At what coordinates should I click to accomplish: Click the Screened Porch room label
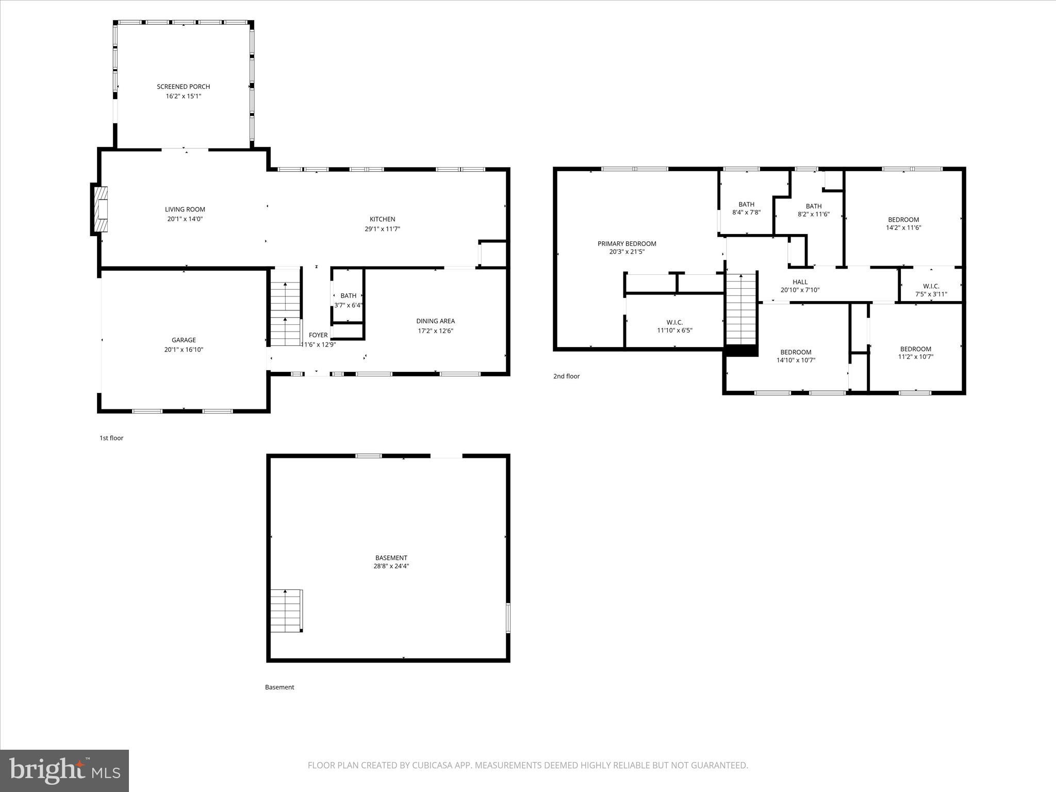tap(183, 87)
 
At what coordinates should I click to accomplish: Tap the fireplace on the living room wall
tap(101, 209)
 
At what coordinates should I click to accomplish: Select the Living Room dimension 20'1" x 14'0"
tap(185, 219)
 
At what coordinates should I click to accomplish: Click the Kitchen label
tap(382, 219)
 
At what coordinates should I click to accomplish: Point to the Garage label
tap(184, 340)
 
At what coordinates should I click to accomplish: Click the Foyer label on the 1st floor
tap(318, 335)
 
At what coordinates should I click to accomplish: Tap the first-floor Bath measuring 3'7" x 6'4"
tap(348, 300)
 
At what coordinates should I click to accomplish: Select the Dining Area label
tap(435, 321)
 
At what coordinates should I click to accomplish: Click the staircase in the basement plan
tap(286, 610)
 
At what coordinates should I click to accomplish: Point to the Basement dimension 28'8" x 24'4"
tap(391, 566)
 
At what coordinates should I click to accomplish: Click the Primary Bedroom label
tap(626, 244)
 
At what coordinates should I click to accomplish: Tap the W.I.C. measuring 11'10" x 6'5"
tap(674, 326)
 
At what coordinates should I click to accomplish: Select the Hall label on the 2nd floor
tap(800, 282)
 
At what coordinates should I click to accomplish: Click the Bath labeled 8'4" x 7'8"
tap(746, 208)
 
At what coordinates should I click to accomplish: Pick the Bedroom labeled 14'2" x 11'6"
tap(903, 223)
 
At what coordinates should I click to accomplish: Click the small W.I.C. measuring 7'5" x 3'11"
tap(931, 290)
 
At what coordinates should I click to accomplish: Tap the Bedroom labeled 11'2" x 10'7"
tap(915, 353)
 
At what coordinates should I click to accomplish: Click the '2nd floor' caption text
tap(566, 376)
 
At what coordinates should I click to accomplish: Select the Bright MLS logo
tap(64, 770)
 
